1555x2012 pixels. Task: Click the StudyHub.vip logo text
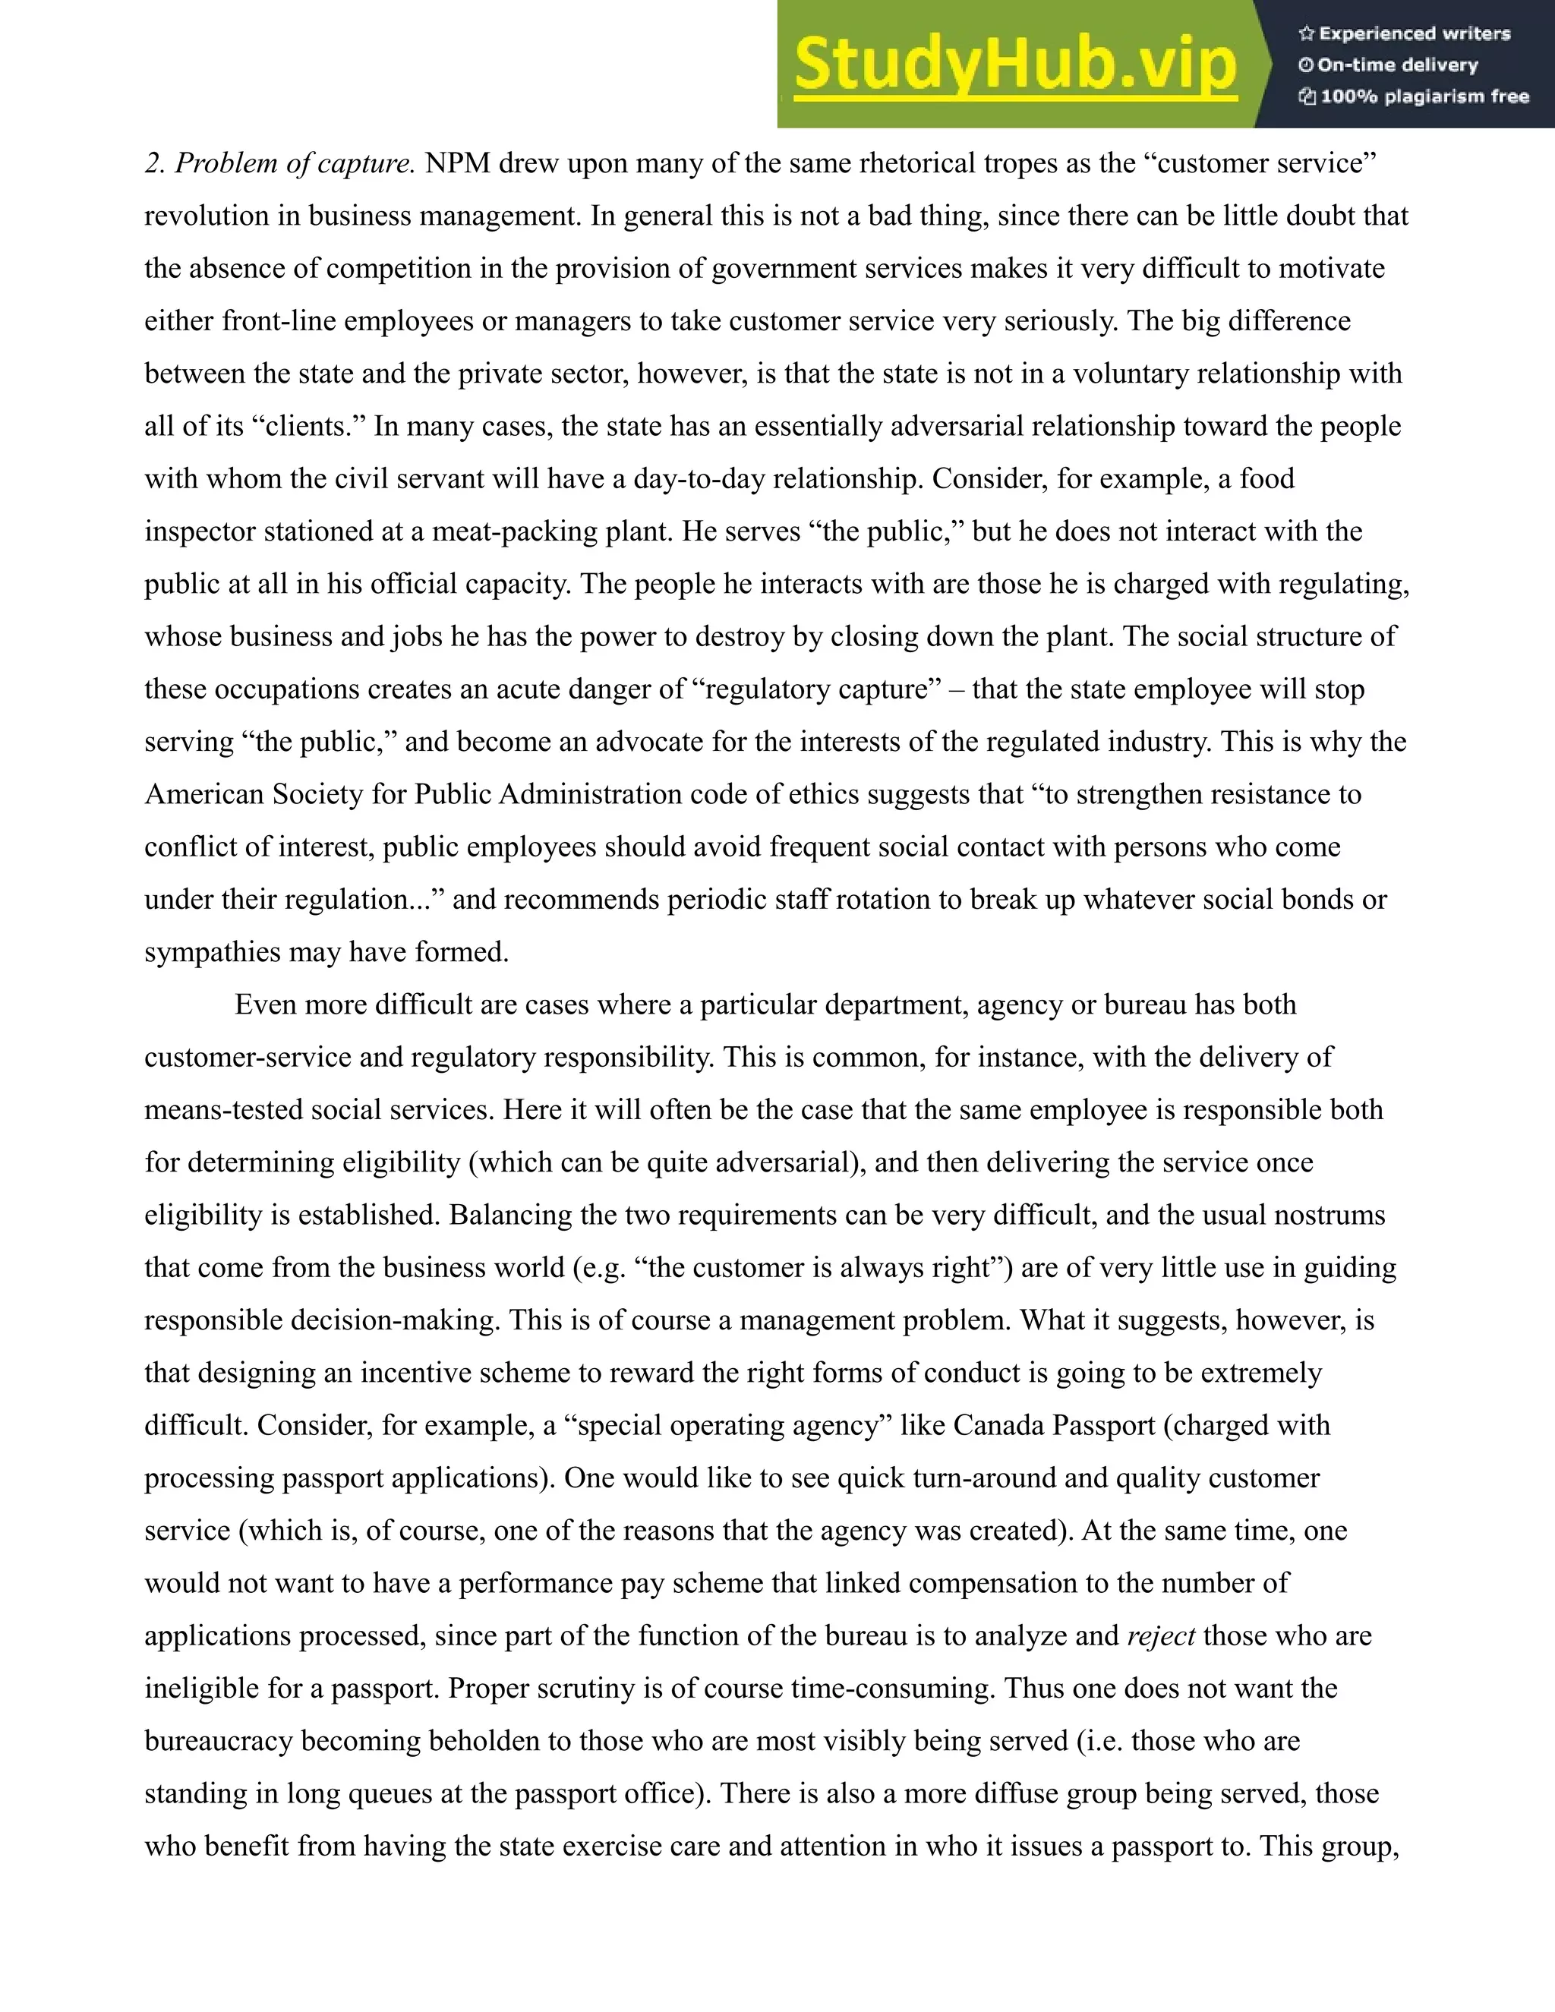[x=1014, y=65]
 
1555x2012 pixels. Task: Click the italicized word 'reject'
[x=1161, y=1635]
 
